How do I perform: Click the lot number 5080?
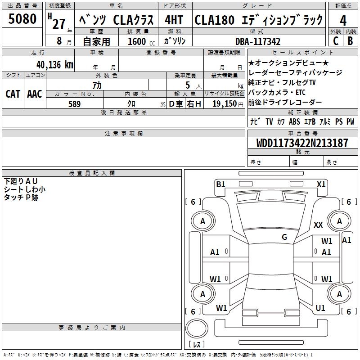[x=22, y=19]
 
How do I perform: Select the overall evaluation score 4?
[x=343, y=20]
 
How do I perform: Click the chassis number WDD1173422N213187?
[x=302, y=143]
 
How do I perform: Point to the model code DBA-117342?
[x=258, y=41]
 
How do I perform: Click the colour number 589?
[x=74, y=104]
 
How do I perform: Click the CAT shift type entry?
[x=13, y=94]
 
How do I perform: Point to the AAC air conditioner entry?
[x=35, y=94]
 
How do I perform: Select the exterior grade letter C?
[x=335, y=40]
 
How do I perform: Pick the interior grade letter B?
[x=350, y=40]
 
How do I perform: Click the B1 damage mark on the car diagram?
[x=220, y=184]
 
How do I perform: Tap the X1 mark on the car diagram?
[x=321, y=184]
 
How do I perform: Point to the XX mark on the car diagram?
[x=318, y=225]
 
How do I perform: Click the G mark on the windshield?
[x=284, y=237]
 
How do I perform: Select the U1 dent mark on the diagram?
[x=320, y=308]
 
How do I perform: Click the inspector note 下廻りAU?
[x=21, y=181]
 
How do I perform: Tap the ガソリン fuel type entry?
[x=175, y=41]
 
